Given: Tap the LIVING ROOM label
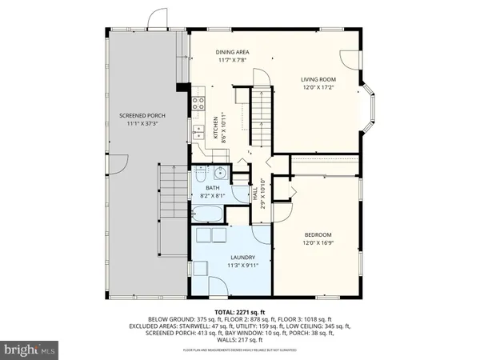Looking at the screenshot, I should [x=317, y=79].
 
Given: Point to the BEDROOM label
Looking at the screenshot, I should [x=317, y=234].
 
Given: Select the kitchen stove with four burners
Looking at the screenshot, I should [x=197, y=104].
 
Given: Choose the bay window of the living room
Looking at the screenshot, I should [x=366, y=112].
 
